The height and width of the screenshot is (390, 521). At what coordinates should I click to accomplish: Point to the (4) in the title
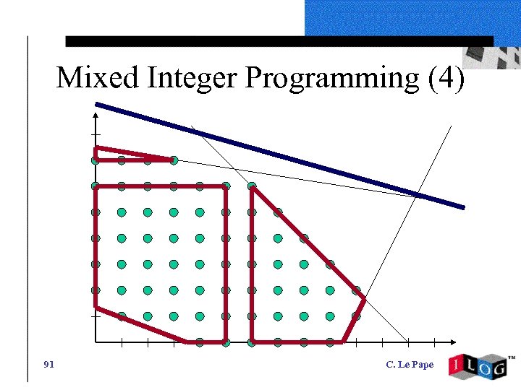tap(446, 78)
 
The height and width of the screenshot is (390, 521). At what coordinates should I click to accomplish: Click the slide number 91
tap(49, 364)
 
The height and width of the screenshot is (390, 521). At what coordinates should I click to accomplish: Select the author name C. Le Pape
tap(410, 364)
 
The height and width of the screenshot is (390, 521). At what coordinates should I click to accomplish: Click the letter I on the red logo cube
tap(456, 365)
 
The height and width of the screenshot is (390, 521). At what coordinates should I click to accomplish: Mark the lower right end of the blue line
tap(462, 207)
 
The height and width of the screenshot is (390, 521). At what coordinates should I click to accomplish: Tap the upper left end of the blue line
tap(97, 105)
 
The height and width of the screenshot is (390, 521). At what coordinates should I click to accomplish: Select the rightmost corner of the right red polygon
tap(363, 298)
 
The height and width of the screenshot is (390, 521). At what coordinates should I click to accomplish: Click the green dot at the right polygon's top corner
tap(252, 186)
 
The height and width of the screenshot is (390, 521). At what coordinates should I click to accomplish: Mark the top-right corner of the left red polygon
tap(226, 186)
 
